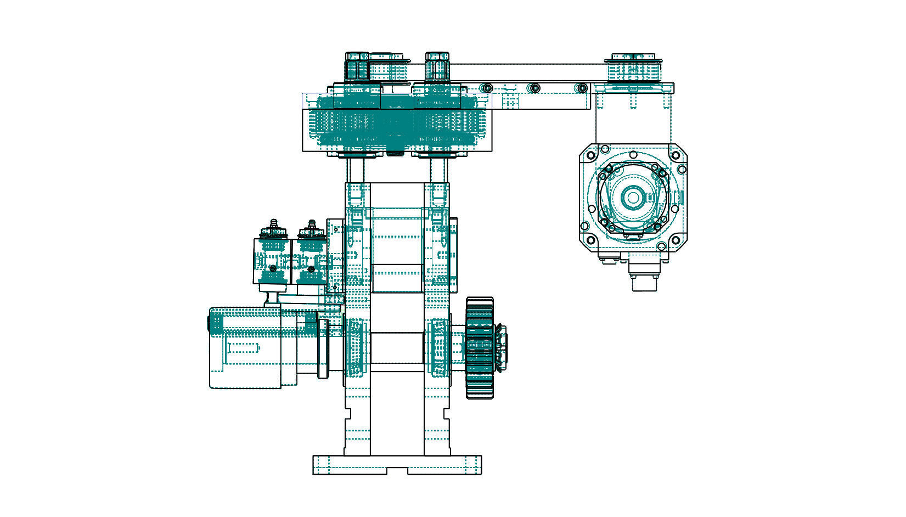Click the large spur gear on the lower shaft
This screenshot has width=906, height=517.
tap(480, 348)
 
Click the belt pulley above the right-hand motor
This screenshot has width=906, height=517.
tap(634, 68)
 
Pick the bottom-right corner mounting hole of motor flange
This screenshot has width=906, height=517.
tap(676, 240)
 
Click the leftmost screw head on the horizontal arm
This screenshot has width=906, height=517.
tap(486, 88)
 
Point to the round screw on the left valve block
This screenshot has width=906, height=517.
tap(273, 268)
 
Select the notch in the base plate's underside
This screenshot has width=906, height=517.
tap(397, 471)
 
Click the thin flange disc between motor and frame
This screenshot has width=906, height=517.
tap(323, 349)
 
